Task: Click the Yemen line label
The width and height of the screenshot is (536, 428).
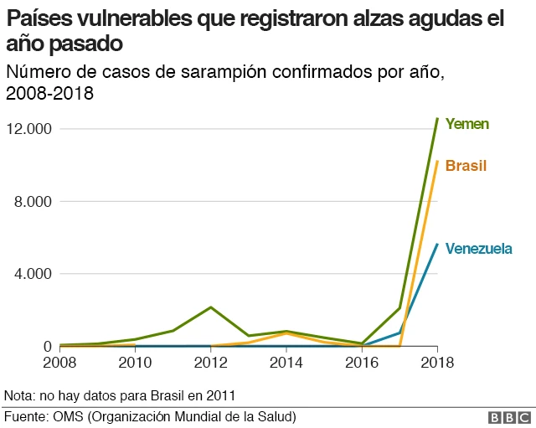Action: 466,124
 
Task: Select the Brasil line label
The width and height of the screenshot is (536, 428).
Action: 466,166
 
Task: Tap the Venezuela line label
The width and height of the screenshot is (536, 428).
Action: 478,249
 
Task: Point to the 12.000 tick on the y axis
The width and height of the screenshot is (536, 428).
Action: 29,129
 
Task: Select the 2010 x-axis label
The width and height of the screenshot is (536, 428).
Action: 135,363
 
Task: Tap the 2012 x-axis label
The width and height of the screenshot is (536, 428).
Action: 211,363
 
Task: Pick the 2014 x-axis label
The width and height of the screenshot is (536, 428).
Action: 286,363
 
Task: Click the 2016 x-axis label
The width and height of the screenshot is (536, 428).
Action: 362,363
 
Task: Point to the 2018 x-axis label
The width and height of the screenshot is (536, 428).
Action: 436,363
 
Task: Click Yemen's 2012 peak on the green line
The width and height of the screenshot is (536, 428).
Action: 211,307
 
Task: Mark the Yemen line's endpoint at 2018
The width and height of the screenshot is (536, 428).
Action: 437,119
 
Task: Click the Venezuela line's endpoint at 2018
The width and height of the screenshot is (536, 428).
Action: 437,245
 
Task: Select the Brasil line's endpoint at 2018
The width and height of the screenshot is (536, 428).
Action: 437,162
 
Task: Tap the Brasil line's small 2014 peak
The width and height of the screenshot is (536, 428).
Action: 286,333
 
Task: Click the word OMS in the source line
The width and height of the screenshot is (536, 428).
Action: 68,416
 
